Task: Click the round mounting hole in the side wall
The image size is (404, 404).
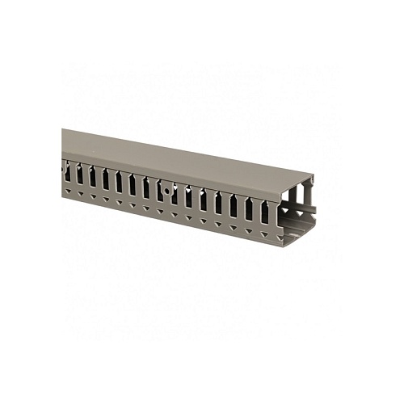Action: pyautogui.click(x=166, y=192)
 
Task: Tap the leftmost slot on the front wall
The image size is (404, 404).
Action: pyautogui.click(x=69, y=171)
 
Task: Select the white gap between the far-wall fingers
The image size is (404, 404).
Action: pyautogui.click(x=306, y=194)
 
